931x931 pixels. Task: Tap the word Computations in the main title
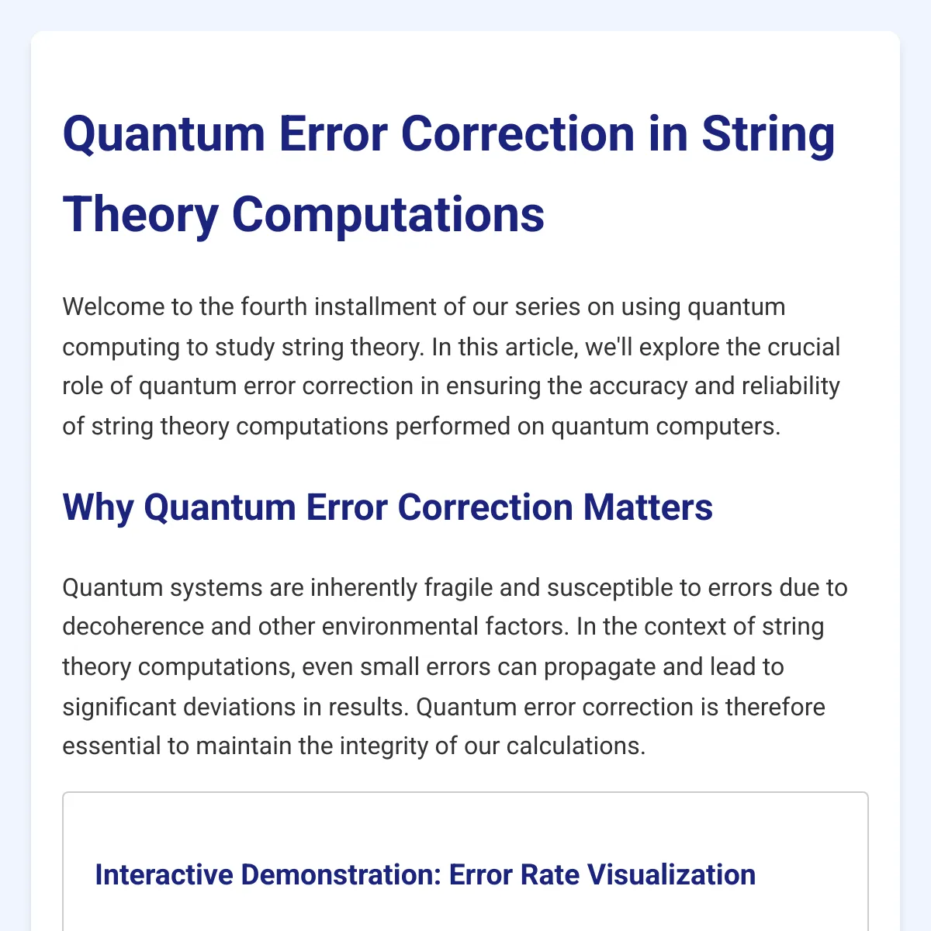coord(388,216)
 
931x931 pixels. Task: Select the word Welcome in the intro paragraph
coord(113,306)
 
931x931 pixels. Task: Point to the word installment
coord(376,306)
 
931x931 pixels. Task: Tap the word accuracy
coord(638,386)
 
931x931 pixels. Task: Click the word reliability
coord(791,386)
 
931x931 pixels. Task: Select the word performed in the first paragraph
coord(452,427)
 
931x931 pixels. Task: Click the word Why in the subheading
coord(98,508)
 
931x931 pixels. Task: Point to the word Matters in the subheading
coord(648,507)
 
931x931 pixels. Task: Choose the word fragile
coord(458,588)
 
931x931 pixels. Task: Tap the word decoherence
coord(133,627)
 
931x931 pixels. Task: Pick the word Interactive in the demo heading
coord(164,875)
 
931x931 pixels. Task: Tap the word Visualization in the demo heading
coord(672,875)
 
